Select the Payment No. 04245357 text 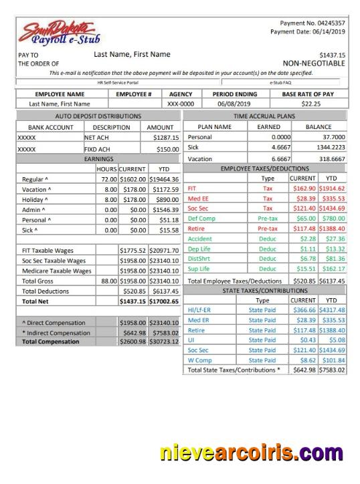[312, 23]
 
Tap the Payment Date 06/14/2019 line [308, 32]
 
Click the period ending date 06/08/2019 [233, 104]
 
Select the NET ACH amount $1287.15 [167, 137]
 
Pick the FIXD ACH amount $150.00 [168, 149]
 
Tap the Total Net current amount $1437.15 [133, 301]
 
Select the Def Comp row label [201, 218]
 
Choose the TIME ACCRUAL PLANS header [264, 116]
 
